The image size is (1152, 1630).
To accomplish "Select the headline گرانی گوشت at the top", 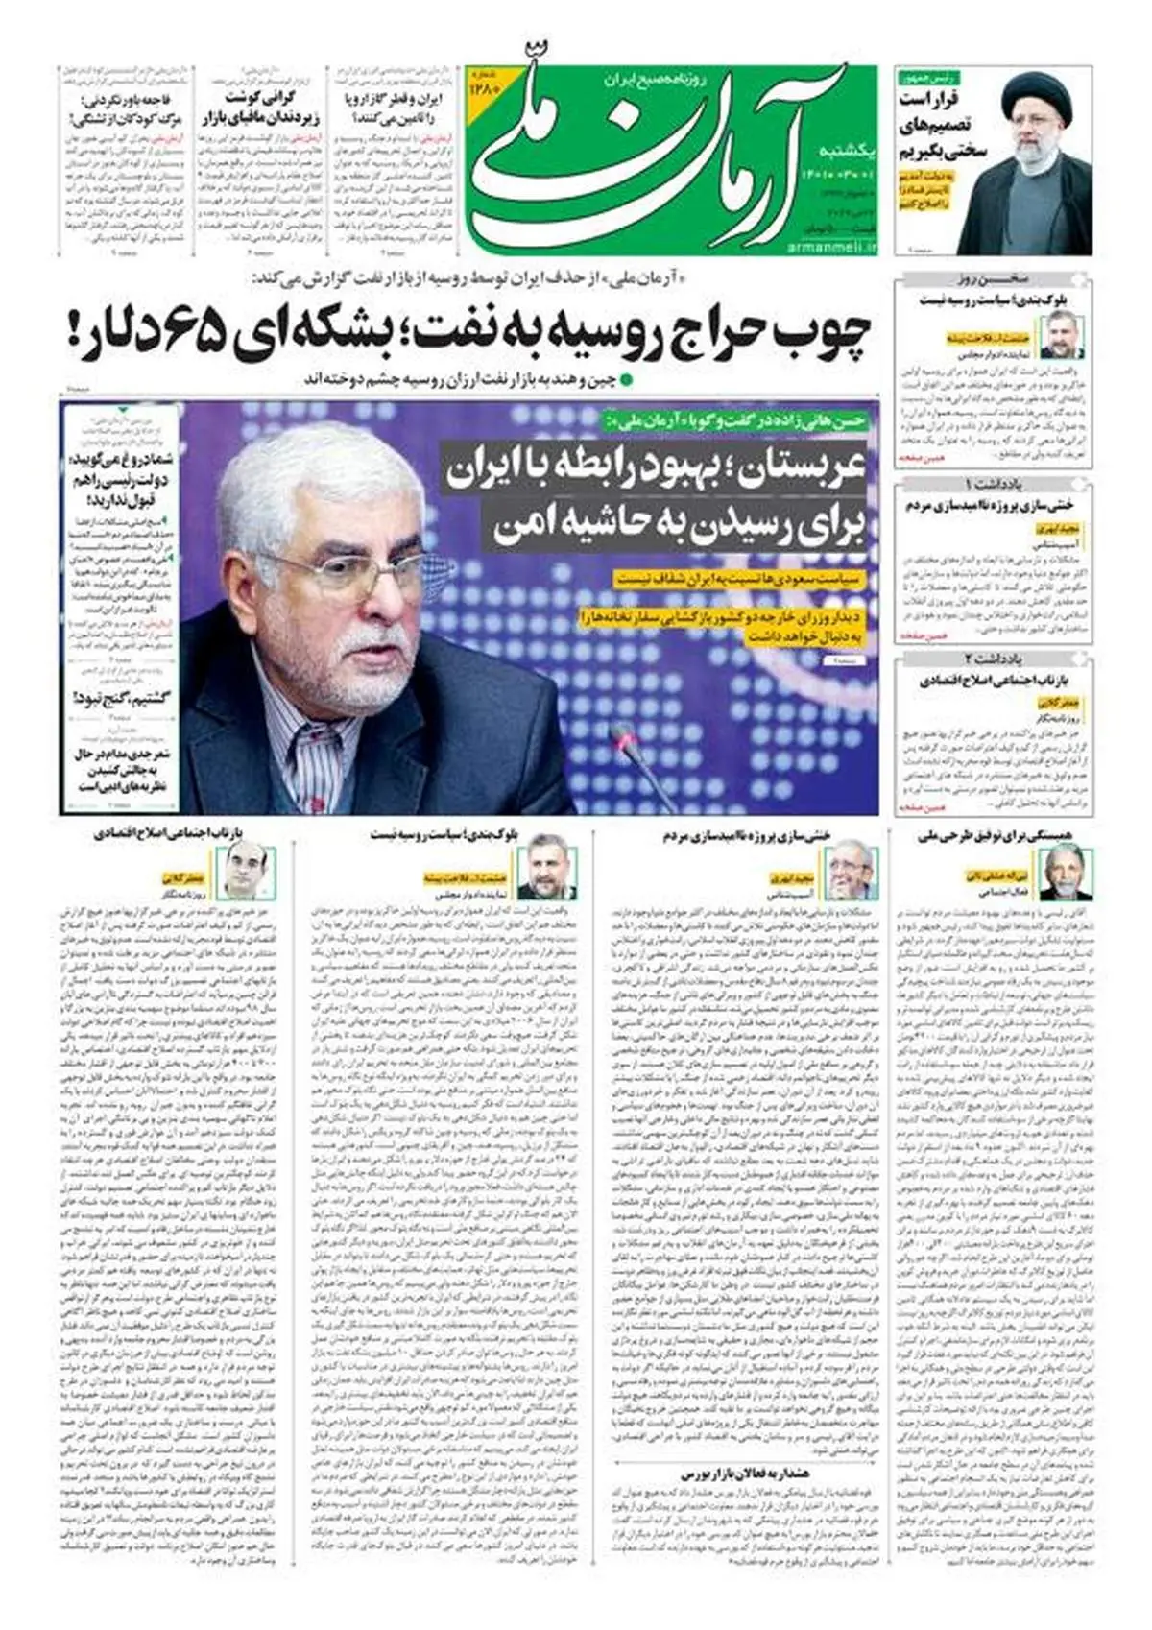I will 259,99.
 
